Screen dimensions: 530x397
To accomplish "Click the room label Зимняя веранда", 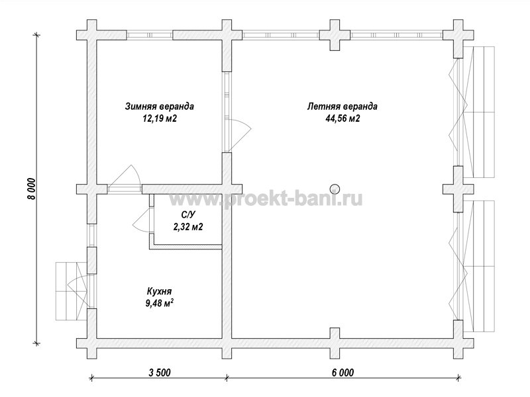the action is point(160,107).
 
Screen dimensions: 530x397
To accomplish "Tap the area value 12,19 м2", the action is point(160,118).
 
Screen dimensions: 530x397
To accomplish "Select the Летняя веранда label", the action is point(342,107).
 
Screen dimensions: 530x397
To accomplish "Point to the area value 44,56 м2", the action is point(343,118).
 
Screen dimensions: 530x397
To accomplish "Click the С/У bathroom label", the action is point(189,214).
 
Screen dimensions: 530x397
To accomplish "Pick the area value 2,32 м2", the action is point(188,226).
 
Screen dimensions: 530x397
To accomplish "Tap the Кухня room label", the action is point(159,291).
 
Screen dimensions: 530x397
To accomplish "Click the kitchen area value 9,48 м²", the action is point(160,303).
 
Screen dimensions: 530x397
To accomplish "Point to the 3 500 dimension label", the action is point(160,373).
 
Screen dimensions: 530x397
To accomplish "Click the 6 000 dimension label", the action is point(343,373).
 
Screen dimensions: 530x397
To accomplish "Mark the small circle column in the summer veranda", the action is point(335,189).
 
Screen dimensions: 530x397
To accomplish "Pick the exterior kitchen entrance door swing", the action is point(78,290).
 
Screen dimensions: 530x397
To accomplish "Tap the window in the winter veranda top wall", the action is point(150,35).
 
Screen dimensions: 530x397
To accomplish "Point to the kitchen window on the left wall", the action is point(91,236).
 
